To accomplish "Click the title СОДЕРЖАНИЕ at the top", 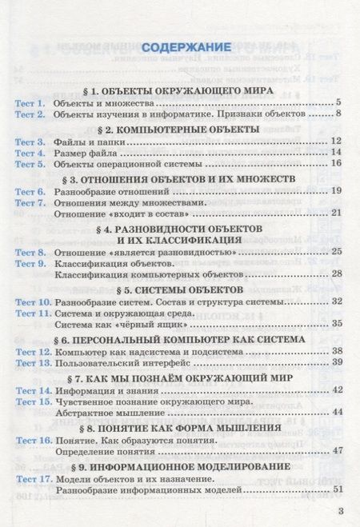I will coord(180,46).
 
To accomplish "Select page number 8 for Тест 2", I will coord(339,115).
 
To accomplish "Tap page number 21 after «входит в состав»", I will coord(337,212).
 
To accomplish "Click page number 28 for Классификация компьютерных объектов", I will coord(337,273).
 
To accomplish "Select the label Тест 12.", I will coord(33,351).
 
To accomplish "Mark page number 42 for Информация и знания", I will coord(337,389).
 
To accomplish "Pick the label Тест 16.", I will coord(33,440).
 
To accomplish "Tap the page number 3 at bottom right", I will coord(341,512).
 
